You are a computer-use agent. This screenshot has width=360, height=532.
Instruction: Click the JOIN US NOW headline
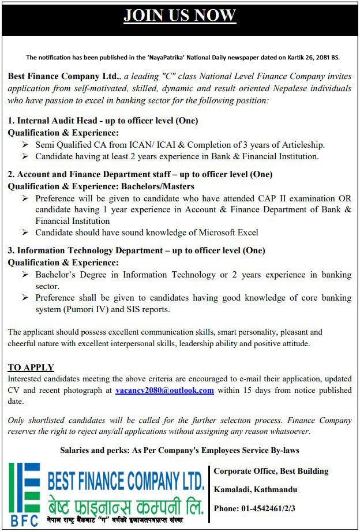pyautogui.click(x=180, y=16)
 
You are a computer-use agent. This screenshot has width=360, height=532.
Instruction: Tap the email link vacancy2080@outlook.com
pyautogui.click(x=164, y=390)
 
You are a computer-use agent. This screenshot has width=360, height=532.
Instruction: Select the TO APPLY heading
pyautogui.click(x=31, y=368)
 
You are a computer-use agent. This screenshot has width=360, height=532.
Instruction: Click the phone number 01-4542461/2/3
pyautogui.click(x=263, y=508)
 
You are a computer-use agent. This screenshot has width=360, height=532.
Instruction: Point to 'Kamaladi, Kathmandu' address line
pyautogui.click(x=256, y=490)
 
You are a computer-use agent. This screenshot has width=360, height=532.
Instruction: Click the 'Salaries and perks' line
pyautogui.click(x=179, y=450)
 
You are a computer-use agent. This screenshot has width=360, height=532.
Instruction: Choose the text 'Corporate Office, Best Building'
pyautogui.click(x=271, y=471)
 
